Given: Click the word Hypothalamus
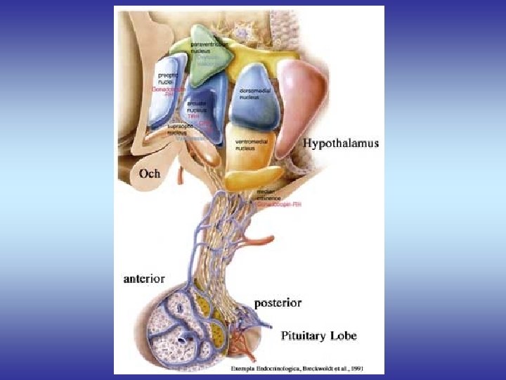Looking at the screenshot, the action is pyautogui.click(x=341, y=143).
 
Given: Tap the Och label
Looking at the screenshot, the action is pyautogui.click(x=149, y=173).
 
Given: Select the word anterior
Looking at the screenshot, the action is pyautogui.click(x=144, y=278).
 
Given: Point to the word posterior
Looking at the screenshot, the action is pyautogui.click(x=278, y=303).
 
